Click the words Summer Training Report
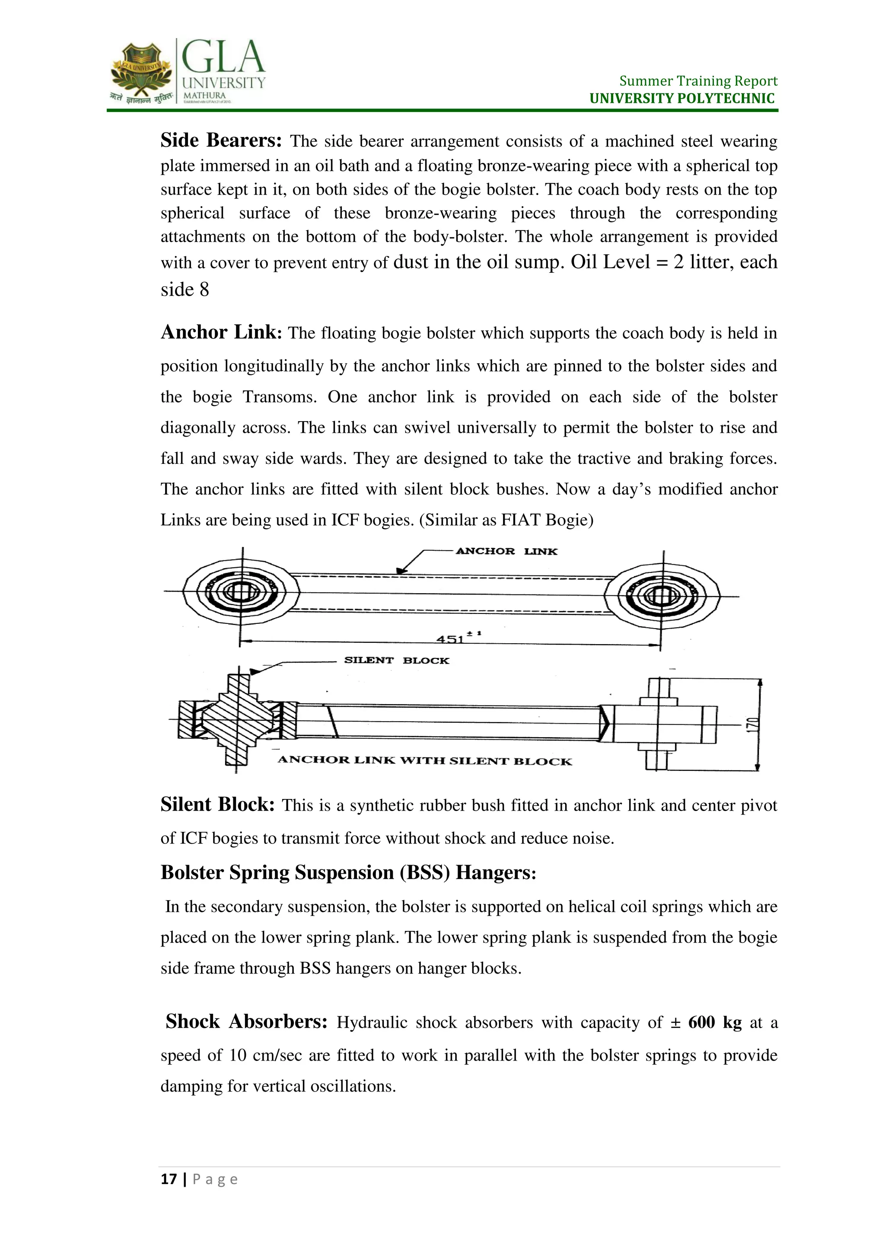698,81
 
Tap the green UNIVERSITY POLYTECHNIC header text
682,99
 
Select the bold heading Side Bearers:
221,141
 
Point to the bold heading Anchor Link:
221,332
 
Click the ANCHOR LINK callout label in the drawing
506,551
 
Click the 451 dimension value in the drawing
450,639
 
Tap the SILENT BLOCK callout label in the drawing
396,660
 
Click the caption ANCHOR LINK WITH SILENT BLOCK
424,761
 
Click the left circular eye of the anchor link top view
240,592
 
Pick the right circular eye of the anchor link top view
662,596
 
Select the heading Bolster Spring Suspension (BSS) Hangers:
348,873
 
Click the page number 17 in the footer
169,1179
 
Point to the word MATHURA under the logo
204,96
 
